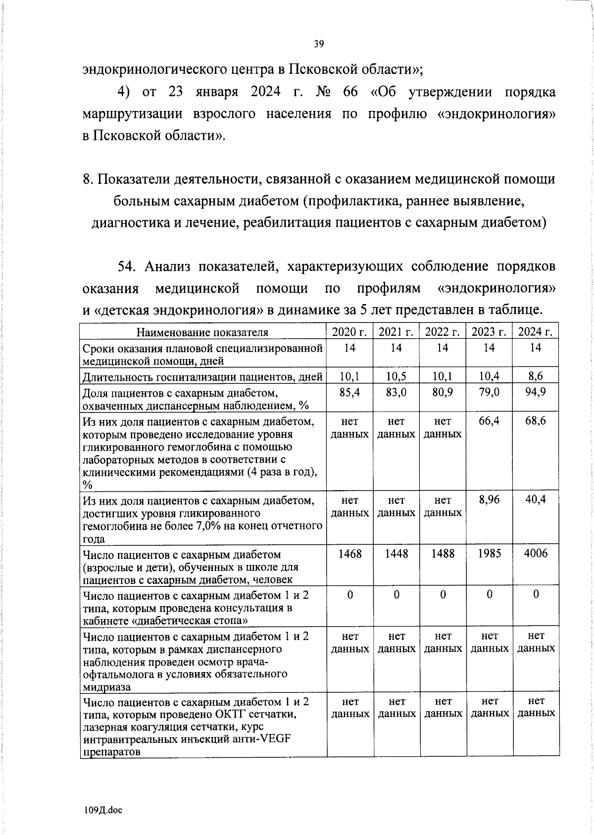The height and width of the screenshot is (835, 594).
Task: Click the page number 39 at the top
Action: click(x=319, y=45)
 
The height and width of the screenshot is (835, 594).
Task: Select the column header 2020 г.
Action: click(x=349, y=332)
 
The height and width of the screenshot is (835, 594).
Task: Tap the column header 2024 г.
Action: click(x=536, y=332)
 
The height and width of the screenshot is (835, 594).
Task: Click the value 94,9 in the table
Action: click(x=536, y=392)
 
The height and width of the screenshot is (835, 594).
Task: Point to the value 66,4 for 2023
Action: click(x=489, y=421)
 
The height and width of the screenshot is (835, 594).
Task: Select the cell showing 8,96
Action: click(x=489, y=500)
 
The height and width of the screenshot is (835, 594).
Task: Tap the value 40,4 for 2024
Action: click(x=536, y=500)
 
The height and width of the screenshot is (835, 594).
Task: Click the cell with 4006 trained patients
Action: click(x=536, y=554)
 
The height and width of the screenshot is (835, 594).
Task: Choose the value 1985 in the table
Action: click(x=489, y=554)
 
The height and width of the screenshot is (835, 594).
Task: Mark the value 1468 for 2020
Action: click(x=349, y=554)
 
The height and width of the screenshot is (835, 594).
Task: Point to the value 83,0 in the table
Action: click(x=396, y=392)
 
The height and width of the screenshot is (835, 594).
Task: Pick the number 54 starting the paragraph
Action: click(x=126, y=266)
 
